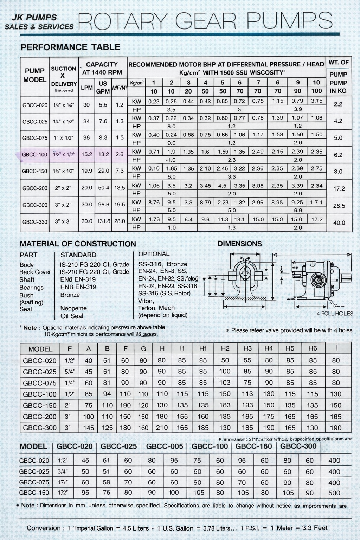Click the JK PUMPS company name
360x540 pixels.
(x=34, y=18)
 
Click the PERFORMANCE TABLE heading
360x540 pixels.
(x=70, y=47)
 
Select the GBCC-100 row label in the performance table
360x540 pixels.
(x=34, y=155)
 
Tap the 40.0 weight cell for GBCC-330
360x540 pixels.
(x=339, y=223)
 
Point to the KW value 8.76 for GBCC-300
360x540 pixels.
(x=154, y=202)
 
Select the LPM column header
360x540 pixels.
(x=87, y=88)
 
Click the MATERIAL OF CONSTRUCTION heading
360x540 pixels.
(x=78, y=244)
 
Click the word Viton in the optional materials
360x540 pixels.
(x=146, y=301)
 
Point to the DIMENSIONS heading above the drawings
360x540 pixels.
(x=239, y=244)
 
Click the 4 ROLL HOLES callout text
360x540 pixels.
(x=335, y=314)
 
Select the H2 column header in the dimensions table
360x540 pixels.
(x=225, y=348)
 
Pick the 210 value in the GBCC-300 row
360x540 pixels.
(x=162, y=428)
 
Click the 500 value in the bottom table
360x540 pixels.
(x=334, y=493)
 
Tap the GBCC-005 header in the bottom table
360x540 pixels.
(x=165, y=446)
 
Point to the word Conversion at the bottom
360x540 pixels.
(x=44, y=528)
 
